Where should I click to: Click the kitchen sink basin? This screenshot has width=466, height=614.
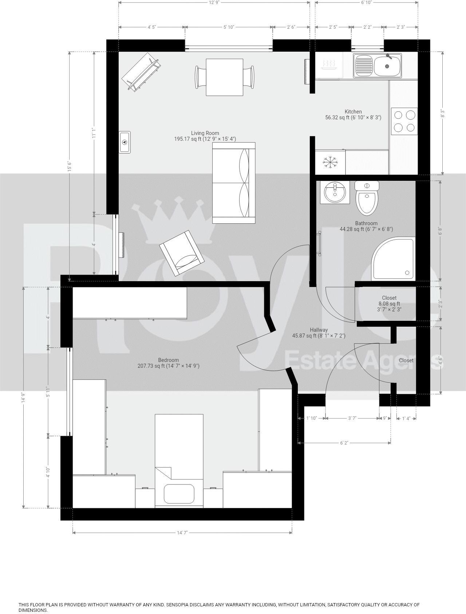387,66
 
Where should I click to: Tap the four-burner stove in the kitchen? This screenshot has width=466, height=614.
404,121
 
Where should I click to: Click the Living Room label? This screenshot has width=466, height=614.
205,133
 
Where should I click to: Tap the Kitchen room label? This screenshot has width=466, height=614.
353,112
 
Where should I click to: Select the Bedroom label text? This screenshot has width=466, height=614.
168,360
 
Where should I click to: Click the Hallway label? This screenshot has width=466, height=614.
319,330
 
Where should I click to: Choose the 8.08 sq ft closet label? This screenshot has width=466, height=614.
389,304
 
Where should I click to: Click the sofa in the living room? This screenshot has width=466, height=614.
234,183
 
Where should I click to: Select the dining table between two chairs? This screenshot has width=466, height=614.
224,77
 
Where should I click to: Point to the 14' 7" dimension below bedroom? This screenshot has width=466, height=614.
182,533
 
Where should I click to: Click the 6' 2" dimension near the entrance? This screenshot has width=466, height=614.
344,443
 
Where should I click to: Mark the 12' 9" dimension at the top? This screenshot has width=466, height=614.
214,3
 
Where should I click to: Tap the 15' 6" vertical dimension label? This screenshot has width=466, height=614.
68,166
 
